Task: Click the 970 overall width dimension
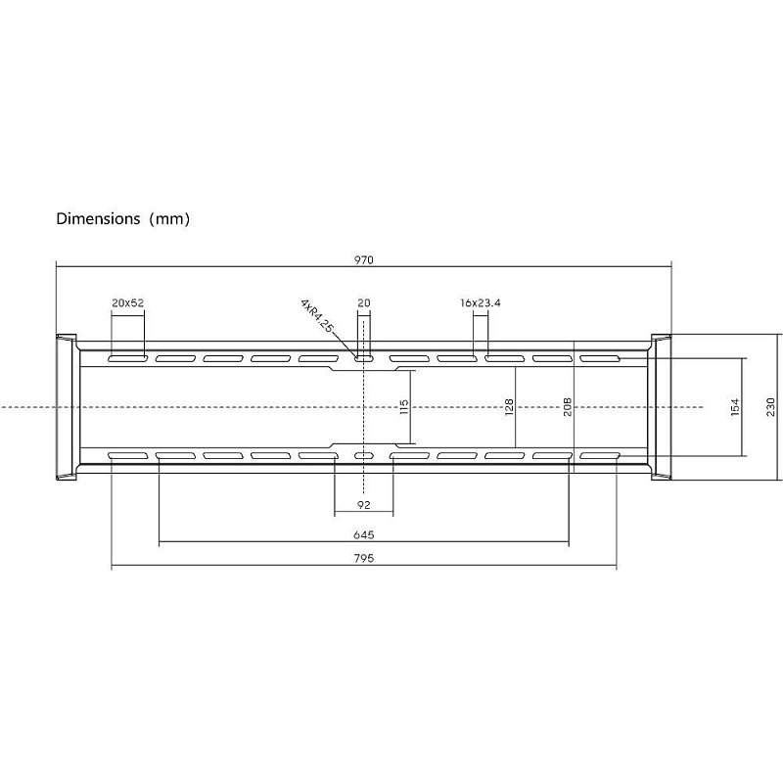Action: point(363,259)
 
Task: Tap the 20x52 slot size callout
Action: point(128,302)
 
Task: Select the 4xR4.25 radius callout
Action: point(316,315)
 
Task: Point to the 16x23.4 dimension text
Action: point(481,302)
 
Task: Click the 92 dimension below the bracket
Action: point(364,505)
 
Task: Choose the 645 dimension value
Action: point(363,534)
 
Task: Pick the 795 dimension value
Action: point(363,558)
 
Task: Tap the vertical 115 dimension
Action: point(404,407)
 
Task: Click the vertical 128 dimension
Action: point(509,407)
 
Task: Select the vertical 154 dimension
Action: point(735,407)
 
